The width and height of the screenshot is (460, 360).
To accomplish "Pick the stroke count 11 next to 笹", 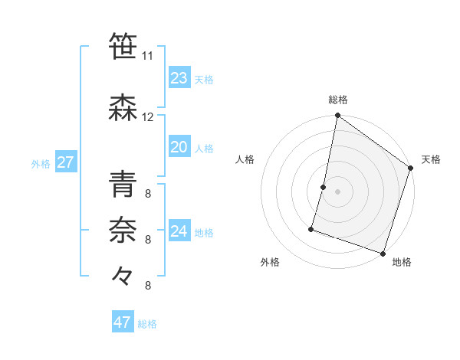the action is coord(147,56).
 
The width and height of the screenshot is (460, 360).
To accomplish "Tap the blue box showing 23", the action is coord(179,78).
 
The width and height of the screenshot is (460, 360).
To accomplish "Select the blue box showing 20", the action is coord(179,147).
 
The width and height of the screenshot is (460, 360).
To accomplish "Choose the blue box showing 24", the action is coord(179,231).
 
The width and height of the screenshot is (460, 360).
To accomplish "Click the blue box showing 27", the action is coord(65,162).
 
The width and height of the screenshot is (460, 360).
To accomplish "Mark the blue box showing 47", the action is coord(122,322).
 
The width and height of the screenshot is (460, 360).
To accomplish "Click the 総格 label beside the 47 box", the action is coord(147,324).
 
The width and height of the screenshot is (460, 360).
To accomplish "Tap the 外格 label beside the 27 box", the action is coord(41,164).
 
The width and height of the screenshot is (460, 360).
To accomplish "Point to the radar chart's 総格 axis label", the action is coord(337,100).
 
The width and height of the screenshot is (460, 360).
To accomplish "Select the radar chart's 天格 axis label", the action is coord(431,159).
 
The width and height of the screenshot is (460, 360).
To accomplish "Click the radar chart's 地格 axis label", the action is coord(402,262).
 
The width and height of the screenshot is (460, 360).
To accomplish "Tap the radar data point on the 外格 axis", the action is coord(312,228).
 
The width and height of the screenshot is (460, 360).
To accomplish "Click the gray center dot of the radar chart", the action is coord(337,191).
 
